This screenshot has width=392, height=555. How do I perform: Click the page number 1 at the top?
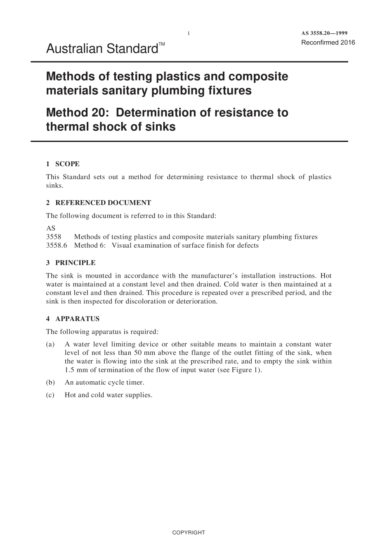[x=189, y=33]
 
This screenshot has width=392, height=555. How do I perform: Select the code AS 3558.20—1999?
[x=324, y=33]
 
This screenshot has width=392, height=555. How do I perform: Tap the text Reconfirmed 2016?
[x=328, y=43]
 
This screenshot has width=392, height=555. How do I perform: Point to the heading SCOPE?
[x=67, y=164]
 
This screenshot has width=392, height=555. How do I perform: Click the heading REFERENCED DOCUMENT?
[x=103, y=203]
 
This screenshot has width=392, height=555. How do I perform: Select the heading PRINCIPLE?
[x=75, y=263]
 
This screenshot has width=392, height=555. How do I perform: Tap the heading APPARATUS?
[x=77, y=319]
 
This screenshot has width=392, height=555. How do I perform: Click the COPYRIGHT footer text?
[x=189, y=532]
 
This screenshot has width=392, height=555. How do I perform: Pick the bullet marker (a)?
[x=50, y=345]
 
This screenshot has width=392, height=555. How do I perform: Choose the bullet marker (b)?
[x=50, y=383]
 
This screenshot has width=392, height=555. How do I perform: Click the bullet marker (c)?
[x=50, y=395]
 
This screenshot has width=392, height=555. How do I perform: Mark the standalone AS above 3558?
[x=50, y=228]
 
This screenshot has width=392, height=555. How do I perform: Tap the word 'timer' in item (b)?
[x=134, y=383]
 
